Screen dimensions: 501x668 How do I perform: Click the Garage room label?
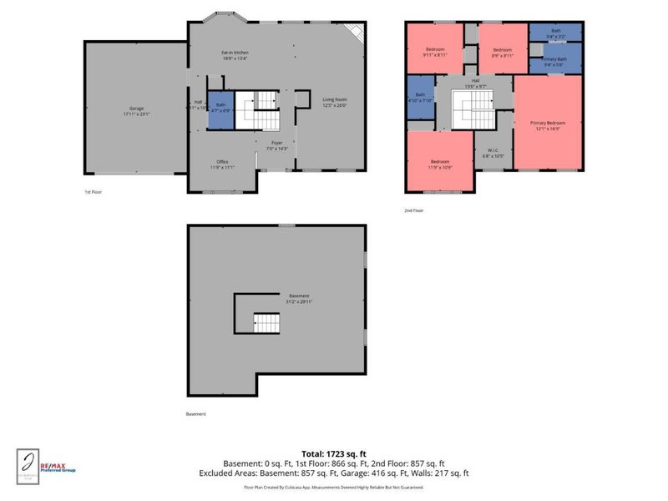pyautogui.click(x=135, y=110)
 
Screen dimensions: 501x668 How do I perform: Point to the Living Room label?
pyautogui.click(x=335, y=103)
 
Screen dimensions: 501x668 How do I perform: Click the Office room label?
pyautogui.click(x=221, y=164)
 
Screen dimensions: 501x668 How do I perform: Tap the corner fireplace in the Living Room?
pyautogui.click(x=357, y=33)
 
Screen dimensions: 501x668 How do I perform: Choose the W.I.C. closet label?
pyautogui.click(x=491, y=153)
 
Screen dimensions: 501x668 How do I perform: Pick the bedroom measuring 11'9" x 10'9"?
pyautogui.click(x=440, y=164)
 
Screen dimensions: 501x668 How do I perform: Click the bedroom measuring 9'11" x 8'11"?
pyautogui.click(x=435, y=53)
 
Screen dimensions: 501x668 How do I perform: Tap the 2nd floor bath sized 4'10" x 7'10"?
pyautogui.click(x=420, y=97)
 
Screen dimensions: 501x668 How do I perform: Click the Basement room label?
pyautogui.click(x=299, y=299)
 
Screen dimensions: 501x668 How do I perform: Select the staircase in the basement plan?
pyautogui.click(x=266, y=321)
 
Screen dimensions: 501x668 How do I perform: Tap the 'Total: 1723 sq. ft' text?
pyautogui.click(x=333, y=453)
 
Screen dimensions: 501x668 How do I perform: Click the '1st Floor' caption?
pyautogui.click(x=94, y=192)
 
